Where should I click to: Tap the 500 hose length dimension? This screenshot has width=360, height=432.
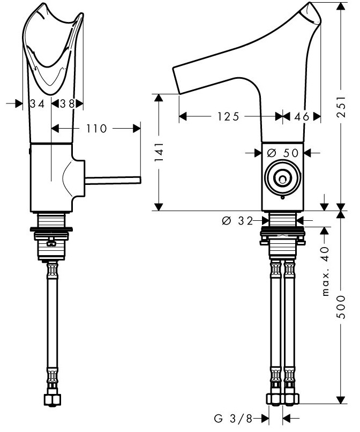pyautogui.click(x=341, y=309)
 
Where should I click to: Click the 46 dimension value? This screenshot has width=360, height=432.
pyautogui.click(x=302, y=116)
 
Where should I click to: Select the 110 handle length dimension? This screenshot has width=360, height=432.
pyautogui.click(x=96, y=128)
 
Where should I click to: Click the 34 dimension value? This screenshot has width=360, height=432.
pyautogui.click(x=37, y=104)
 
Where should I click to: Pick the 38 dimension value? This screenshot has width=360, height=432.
pyautogui.click(x=68, y=104)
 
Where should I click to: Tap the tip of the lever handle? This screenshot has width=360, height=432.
pyautogui.click(x=139, y=179)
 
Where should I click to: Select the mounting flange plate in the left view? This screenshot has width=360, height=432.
pyautogui.click(x=52, y=230)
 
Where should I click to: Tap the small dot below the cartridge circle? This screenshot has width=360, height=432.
pyautogui.click(x=282, y=197)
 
